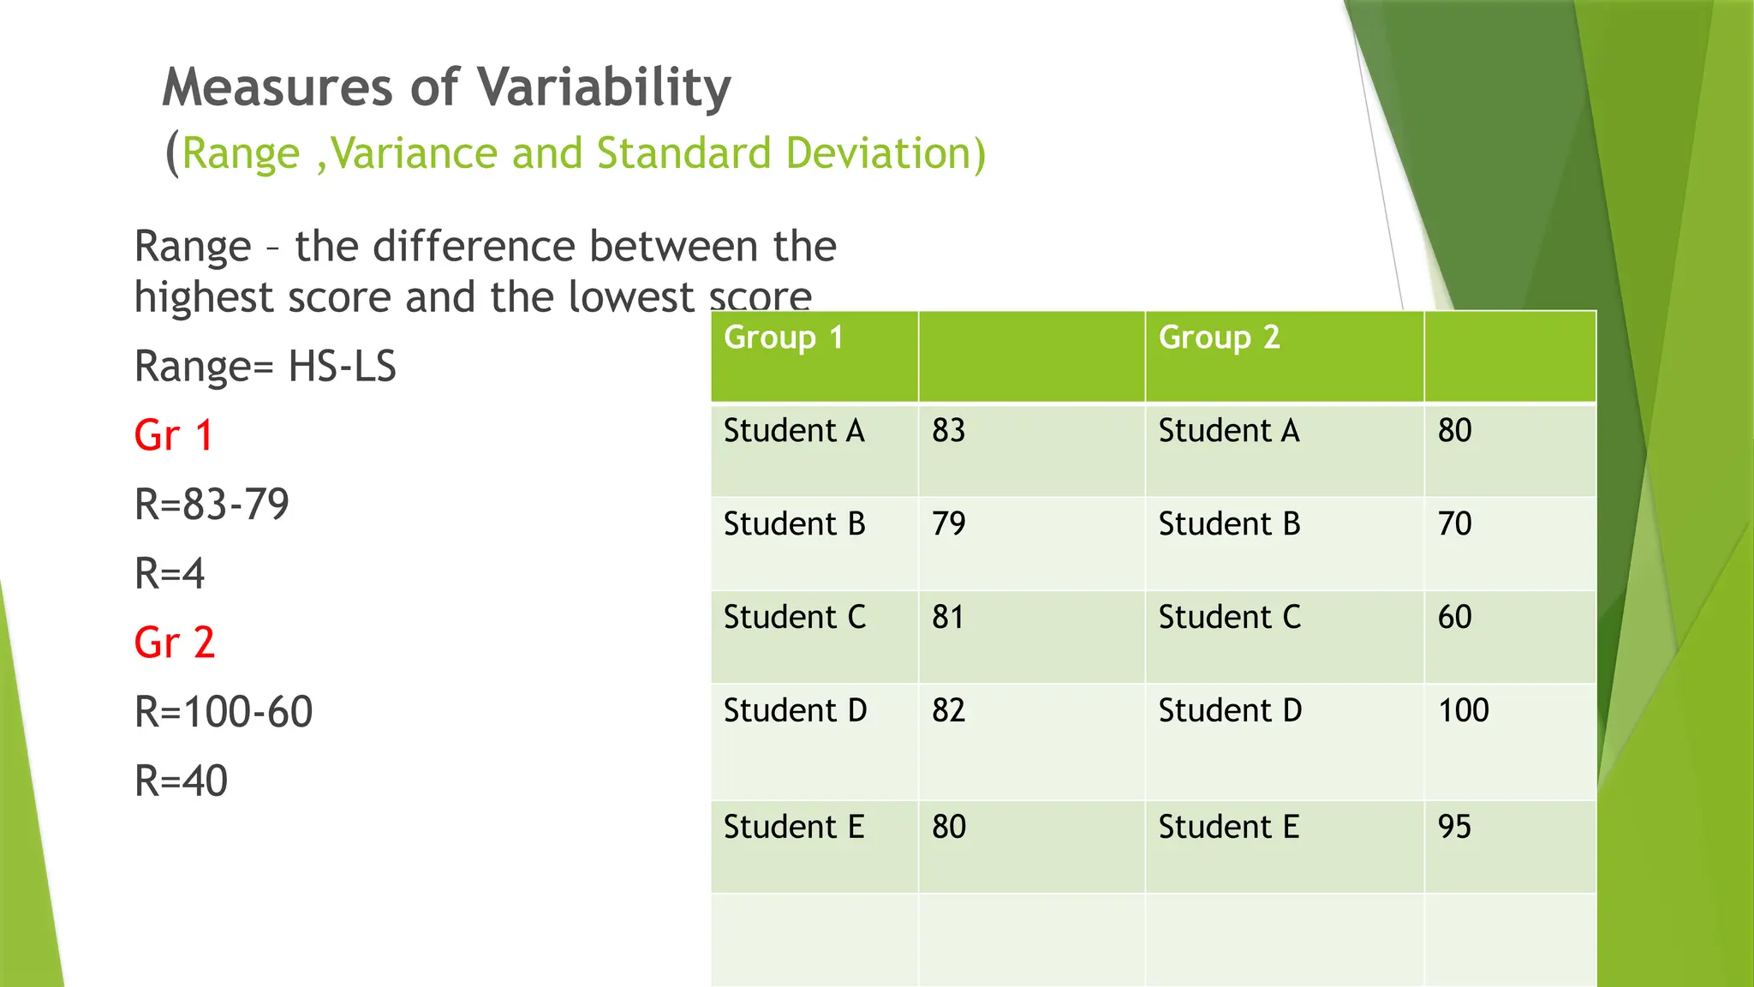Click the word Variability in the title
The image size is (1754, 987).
(603, 88)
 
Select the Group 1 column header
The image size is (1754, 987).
(783, 338)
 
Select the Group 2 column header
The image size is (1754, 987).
(1218, 338)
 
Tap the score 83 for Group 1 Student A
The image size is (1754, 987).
(948, 430)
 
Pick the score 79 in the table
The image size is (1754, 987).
(948, 523)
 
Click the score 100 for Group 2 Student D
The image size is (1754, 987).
(1463, 710)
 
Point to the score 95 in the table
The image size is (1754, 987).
(1453, 827)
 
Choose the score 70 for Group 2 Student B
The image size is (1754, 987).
(1453, 523)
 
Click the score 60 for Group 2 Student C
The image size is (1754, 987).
(1453, 617)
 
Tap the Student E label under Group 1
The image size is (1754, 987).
(793, 827)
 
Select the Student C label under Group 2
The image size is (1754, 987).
(1229, 617)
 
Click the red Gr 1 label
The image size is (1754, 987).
(173, 435)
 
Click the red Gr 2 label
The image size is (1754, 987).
(174, 643)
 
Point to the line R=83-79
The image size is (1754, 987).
(212, 504)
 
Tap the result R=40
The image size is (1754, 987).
(181, 781)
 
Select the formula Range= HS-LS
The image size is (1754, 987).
(265, 367)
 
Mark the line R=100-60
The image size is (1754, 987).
(224, 712)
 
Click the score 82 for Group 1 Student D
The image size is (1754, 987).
(948, 710)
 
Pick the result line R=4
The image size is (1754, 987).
(170, 573)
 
